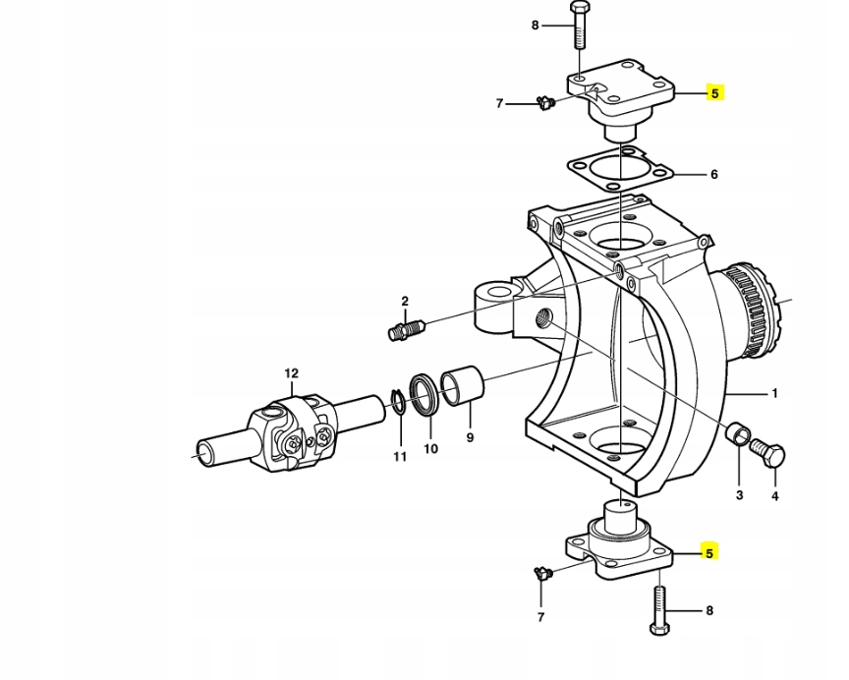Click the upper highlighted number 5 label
tap(714, 93)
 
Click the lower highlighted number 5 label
tap(708, 553)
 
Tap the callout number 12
tap(291, 373)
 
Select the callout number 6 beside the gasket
tap(713, 175)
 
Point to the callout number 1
tap(774, 394)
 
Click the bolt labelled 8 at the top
tap(578, 26)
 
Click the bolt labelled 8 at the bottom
tap(656, 610)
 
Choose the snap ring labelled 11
tap(398, 403)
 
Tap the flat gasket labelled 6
tap(620, 169)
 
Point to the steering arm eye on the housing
tap(492, 294)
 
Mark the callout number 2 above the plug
tap(404, 302)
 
